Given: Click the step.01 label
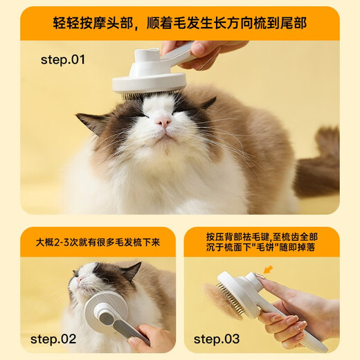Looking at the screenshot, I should (x=62, y=60).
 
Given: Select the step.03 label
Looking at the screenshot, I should (x=216, y=339).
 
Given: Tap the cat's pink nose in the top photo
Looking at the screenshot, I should (x=163, y=122).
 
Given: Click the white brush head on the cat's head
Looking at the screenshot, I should (x=150, y=82).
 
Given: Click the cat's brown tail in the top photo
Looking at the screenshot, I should (x=320, y=162).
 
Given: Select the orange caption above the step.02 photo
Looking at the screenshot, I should (x=98, y=243).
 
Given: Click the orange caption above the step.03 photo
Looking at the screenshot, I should (x=260, y=242).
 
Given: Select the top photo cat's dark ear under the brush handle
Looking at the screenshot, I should (x=206, y=103).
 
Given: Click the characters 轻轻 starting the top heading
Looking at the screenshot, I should (x=66, y=23).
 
